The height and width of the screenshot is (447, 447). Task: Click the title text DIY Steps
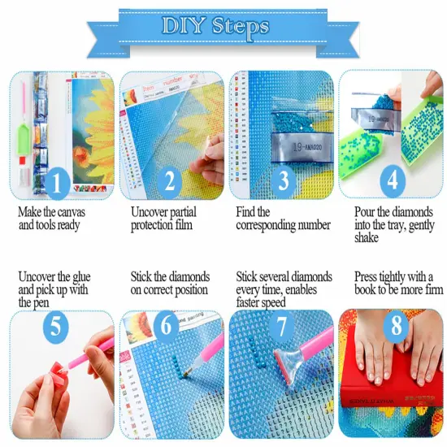(215, 27)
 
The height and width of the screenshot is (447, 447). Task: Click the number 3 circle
(283, 181)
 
